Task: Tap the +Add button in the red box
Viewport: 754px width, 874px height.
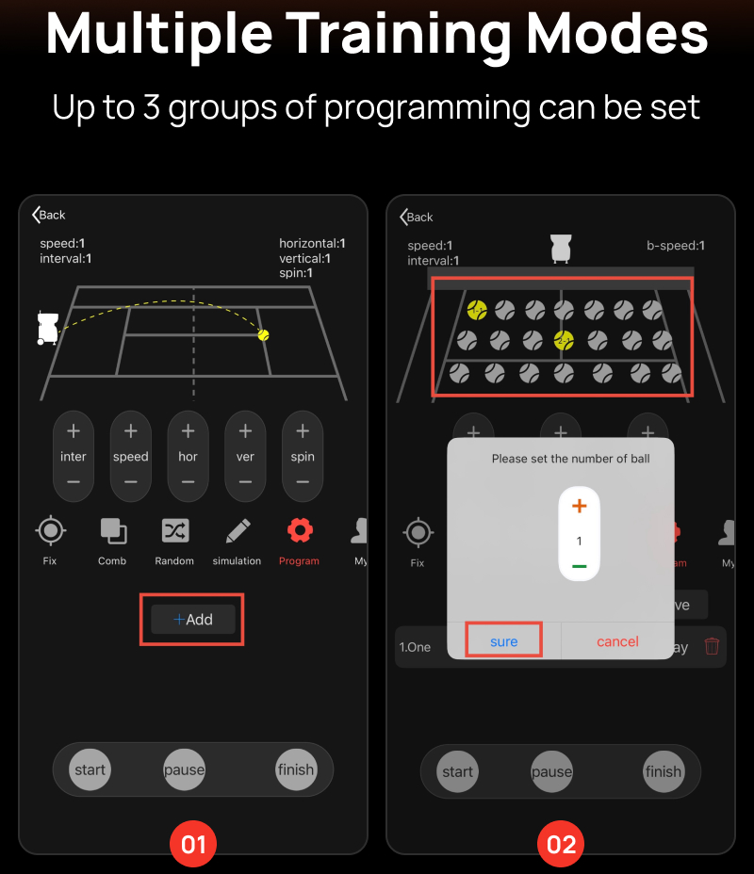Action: [x=193, y=620]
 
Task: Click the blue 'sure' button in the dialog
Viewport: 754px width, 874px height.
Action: [x=503, y=641]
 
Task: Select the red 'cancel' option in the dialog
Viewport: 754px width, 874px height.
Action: [x=617, y=641]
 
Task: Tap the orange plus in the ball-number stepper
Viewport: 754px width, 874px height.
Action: [x=580, y=506]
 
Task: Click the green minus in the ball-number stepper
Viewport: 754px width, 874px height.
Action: [x=580, y=566]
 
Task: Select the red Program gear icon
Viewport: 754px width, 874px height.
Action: [x=300, y=530]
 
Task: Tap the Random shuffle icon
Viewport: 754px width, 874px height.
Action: [x=175, y=530]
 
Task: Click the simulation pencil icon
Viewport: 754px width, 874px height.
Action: [x=238, y=530]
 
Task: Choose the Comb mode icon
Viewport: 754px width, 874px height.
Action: [x=113, y=530]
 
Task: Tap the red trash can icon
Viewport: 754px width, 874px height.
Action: [x=712, y=646]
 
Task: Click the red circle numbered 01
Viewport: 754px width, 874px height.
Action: [x=193, y=844]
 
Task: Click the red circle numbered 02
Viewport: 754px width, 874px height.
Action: [x=561, y=844]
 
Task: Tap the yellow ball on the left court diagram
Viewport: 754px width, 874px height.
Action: [x=263, y=334]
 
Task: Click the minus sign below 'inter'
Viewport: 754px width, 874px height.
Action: [x=74, y=481]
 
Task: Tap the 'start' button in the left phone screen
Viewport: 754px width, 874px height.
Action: [x=90, y=769]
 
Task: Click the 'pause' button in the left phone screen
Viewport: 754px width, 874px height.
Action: [x=184, y=769]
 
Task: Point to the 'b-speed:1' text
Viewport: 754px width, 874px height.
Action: [x=676, y=245]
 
